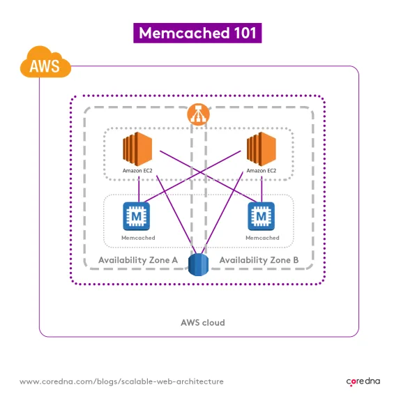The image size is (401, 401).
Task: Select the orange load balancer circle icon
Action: point(199,114)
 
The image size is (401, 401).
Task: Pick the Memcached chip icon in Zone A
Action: point(137,216)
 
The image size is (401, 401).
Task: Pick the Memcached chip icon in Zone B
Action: point(262,216)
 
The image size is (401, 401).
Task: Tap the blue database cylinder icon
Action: point(199,266)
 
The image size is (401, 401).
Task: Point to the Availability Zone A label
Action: point(138,259)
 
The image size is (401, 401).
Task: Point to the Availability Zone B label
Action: point(259,259)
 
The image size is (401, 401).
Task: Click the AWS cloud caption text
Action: point(202,323)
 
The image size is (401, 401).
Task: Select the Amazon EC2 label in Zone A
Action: point(137,171)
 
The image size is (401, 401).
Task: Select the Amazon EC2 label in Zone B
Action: point(262,171)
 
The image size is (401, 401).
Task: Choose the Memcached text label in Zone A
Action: point(137,238)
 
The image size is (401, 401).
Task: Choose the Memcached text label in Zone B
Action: point(262,238)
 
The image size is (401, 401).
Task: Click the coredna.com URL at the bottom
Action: point(121,381)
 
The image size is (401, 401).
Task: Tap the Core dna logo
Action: point(364,381)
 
